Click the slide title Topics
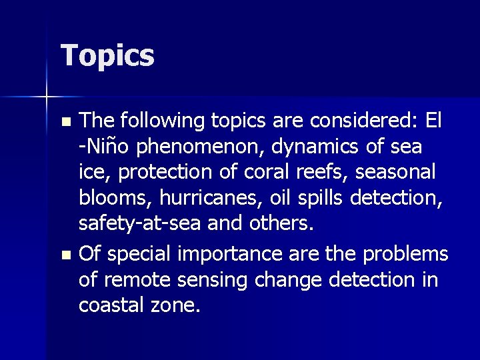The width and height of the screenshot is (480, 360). tap(107, 56)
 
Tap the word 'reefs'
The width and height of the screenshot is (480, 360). tap(326, 171)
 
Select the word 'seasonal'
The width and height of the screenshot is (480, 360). tap(395, 171)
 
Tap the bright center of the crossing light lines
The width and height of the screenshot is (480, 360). tap(47, 97)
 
